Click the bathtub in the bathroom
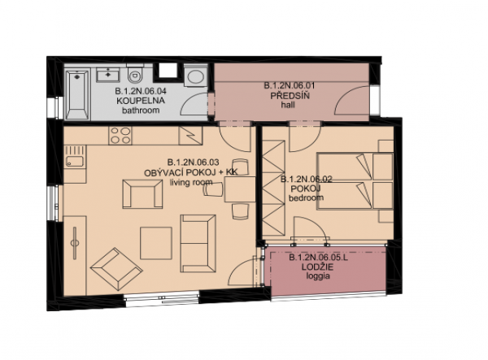click(77, 94)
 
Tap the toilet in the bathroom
click(135, 74)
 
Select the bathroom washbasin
click(107, 75)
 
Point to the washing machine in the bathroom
click(195, 76)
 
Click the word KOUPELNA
click(141, 101)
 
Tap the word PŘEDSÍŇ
click(290, 95)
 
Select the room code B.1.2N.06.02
click(307, 179)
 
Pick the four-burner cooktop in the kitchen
click(120, 136)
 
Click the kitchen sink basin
click(74, 162)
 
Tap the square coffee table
click(156, 243)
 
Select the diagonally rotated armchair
click(115, 270)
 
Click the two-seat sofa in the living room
click(198, 244)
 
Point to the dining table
click(240, 189)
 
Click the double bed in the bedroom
click(355, 181)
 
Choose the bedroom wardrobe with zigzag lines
click(273, 188)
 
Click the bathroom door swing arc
click(194, 102)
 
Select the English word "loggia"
click(318, 276)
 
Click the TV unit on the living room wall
click(75, 256)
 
